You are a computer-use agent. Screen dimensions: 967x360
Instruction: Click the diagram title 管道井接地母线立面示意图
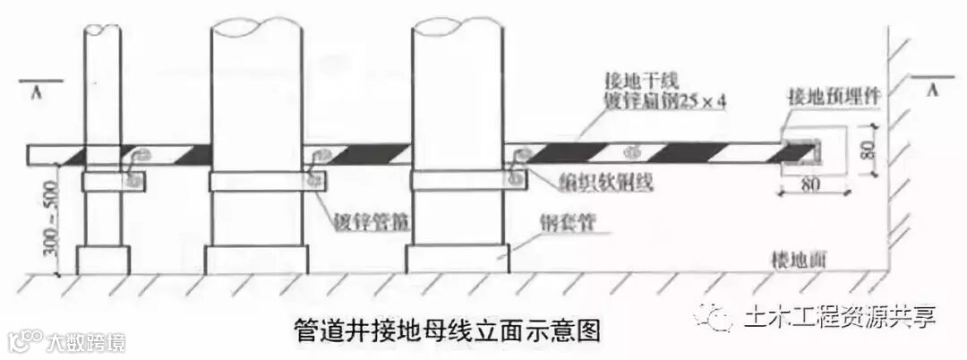447,330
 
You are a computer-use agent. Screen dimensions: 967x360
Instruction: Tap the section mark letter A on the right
933,90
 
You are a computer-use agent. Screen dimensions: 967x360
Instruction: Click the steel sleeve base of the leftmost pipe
104,259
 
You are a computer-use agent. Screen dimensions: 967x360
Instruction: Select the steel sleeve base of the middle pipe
257,259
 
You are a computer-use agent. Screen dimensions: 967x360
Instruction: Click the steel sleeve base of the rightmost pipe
458,258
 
